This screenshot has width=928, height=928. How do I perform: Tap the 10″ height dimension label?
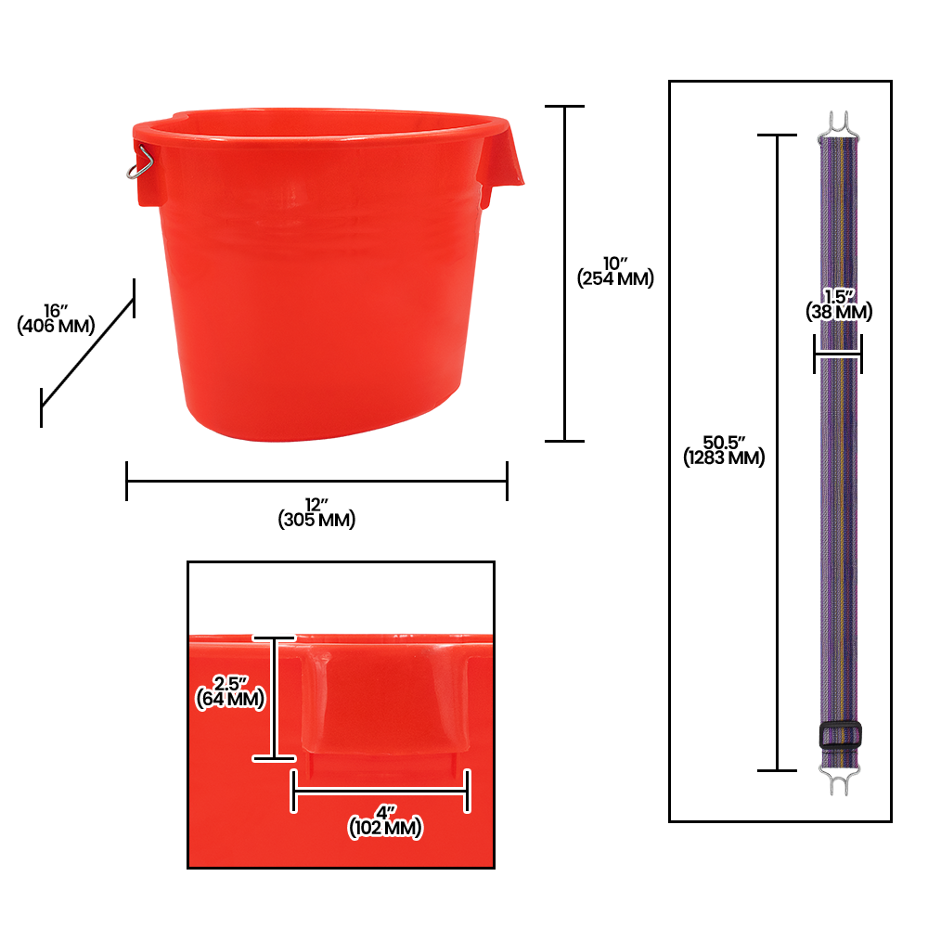click(x=615, y=264)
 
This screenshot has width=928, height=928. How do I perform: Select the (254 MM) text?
click(x=615, y=278)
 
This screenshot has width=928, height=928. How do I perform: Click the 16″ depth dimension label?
click(x=56, y=311)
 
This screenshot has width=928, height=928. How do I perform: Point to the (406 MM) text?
click(x=56, y=326)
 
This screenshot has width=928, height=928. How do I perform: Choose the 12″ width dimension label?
click(x=316, y=505)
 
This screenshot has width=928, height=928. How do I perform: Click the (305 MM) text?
click(x=316, y=520)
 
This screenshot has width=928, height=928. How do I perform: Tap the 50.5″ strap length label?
click(x=724, y=442)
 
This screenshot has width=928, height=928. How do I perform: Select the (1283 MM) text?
click(x=724, y=458)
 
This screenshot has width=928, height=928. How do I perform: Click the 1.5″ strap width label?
click(x=839, y=297)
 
